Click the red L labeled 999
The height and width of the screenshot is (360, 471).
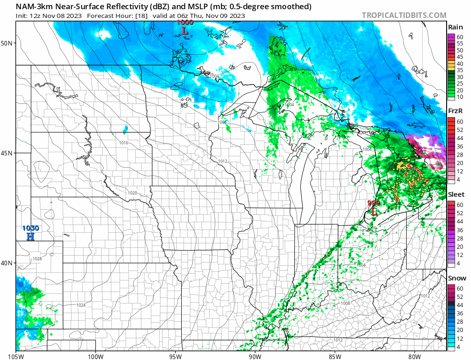(374, 211)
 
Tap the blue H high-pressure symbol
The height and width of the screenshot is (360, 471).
(31, 236)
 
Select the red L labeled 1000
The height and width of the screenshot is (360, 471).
(185, 31)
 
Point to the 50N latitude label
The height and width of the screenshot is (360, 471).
(7, 43)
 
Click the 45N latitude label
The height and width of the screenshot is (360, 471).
(7, 153)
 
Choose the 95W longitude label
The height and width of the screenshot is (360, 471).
(175, 355)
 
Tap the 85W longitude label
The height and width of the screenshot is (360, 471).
(335, 355)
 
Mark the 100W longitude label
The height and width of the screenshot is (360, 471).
(96, 355)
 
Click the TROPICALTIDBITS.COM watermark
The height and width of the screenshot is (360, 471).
(404, 15)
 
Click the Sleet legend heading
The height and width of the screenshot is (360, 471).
(456, 194)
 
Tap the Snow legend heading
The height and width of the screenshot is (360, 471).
(456, 278)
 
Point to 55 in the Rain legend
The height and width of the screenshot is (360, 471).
(460, 43)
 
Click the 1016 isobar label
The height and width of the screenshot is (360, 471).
(124, 143)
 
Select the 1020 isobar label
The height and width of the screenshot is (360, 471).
(132, 193)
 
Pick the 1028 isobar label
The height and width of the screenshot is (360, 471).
(37, 259)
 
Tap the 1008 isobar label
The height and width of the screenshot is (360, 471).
(345, 303)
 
